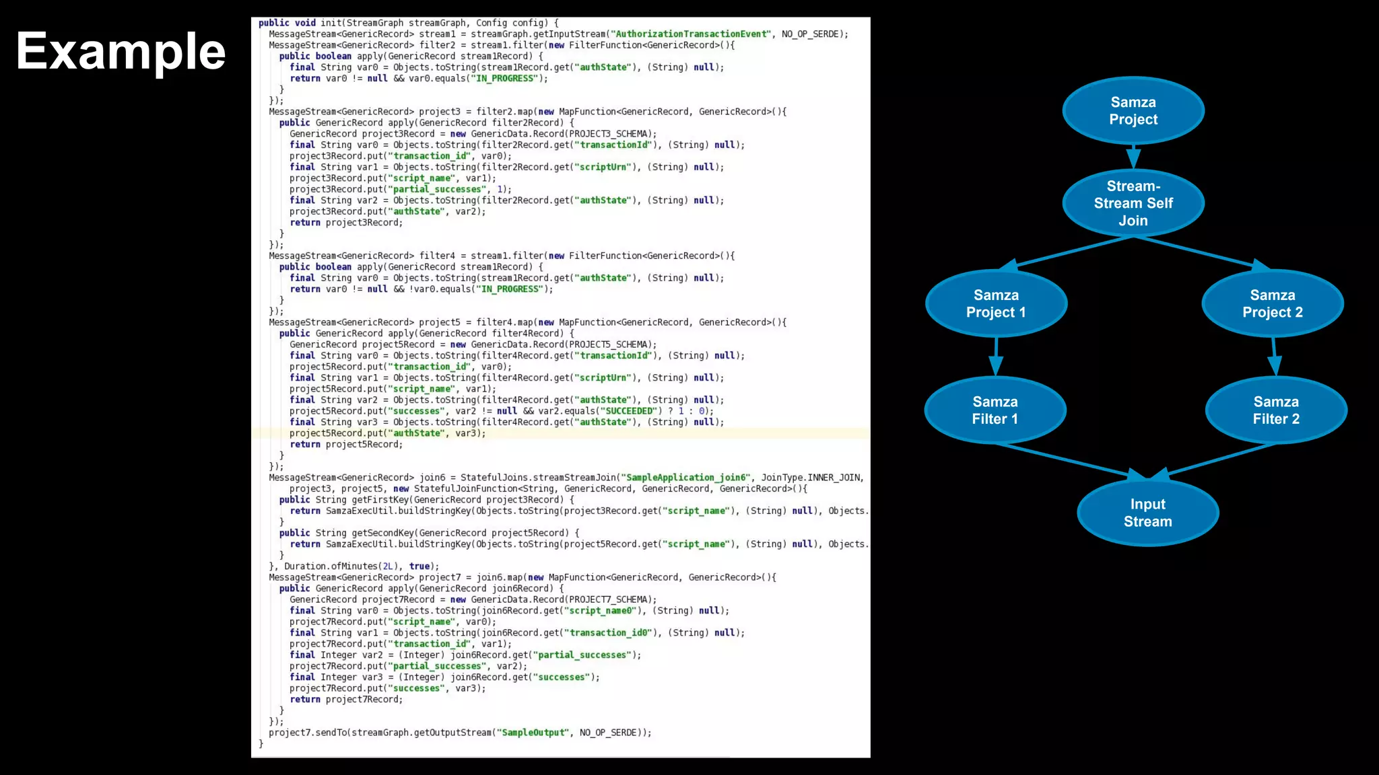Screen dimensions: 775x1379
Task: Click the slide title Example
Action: [x=121, y=52]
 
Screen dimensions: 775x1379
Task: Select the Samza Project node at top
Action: [x=1133, y=111]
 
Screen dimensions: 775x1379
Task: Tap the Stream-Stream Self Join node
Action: [x=1133, y=203]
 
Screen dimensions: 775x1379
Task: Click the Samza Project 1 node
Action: [x=996, y=303]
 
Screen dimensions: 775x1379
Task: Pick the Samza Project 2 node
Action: [x=1273, y=303]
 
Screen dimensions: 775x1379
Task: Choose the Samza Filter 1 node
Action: [x=995, y=410]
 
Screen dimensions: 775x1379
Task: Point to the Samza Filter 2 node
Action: [x=1276, y=410]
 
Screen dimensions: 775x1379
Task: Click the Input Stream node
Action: [x=1147, y=513]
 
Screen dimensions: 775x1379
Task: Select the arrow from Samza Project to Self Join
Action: [x=1133, y=156]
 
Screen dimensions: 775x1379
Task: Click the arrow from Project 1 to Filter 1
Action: [x=996, y=357]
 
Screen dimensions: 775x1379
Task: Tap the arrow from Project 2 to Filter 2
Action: [x=1274, y=357]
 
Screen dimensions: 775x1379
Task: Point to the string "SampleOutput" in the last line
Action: [x=535, y=733]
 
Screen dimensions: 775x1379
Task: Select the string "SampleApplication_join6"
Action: [x=686, y=478]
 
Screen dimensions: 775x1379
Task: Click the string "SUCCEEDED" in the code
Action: [x=629, y=411]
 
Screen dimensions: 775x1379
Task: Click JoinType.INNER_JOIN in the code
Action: [x=811, y=478]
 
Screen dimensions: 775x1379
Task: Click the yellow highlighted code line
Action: [x=387, y=433]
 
